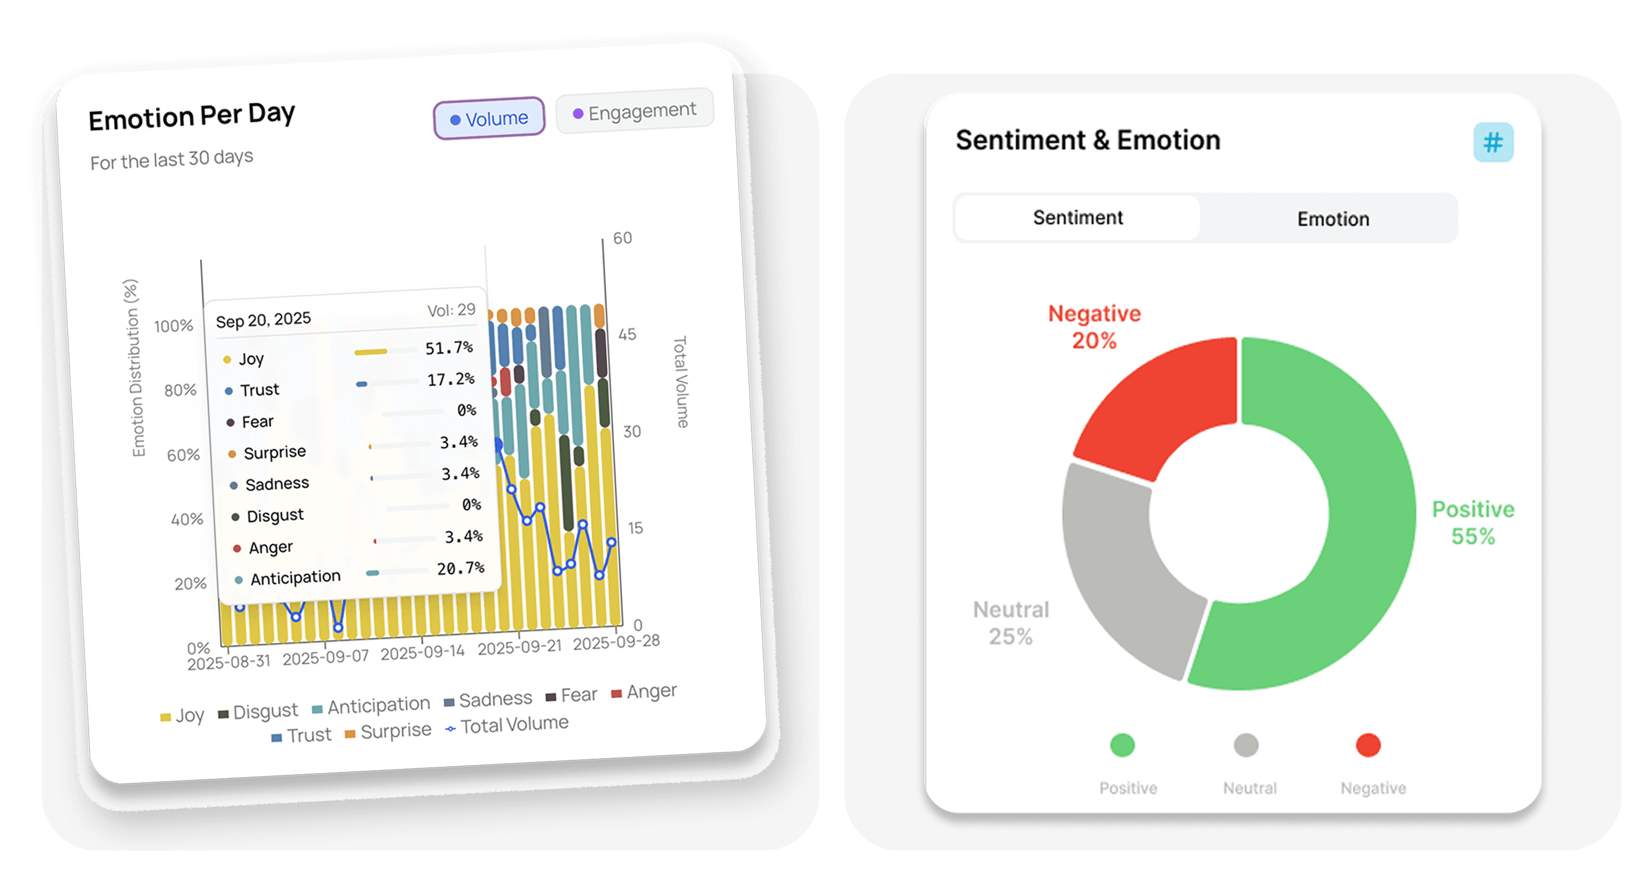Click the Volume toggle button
click(x=489, y=118)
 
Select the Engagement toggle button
click(x=635, y=112)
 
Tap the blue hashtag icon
click(x=1493, y=143)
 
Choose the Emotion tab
click(x=1333, y=219)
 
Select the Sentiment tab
click(x=1077, y=218)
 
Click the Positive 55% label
click(x=1473, y=523)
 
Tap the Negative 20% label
click(x=1094, y=327)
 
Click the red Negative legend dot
click(x=1368, y=745)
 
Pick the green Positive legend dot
click(x=1122, y=745)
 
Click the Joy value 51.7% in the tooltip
click(x=449, y=348)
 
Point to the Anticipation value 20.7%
click(x=460, y=568)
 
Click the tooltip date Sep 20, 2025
click(x=263, y=320)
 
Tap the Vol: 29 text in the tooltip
click(x=451, y=310)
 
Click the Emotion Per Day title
click(x=192, y=117)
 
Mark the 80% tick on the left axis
click(x=181, y=390)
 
